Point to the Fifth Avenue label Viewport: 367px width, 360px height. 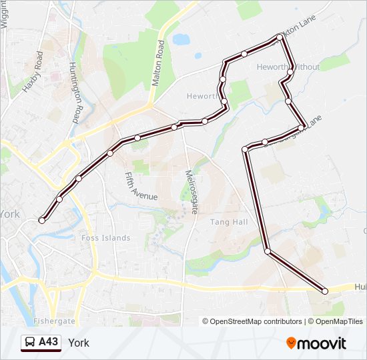click(141, 186)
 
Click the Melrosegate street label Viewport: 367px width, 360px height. click(192, 191)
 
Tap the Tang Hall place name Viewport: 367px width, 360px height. click(229, 222)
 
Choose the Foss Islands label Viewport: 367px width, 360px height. click(105, 238)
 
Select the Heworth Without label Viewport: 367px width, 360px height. click(288, 67)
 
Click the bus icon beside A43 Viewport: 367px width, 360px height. click(30, 343)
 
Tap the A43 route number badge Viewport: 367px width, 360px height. click(49, 343)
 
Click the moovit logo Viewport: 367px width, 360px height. click(316, 343)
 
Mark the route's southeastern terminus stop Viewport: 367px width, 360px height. click(325, 291)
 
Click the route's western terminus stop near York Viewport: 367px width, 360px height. click(42, 220)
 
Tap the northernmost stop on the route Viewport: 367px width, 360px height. click(280, 37)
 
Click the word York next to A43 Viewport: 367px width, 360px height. click(78, 343)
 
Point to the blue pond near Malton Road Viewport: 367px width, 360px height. click(181, 39)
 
